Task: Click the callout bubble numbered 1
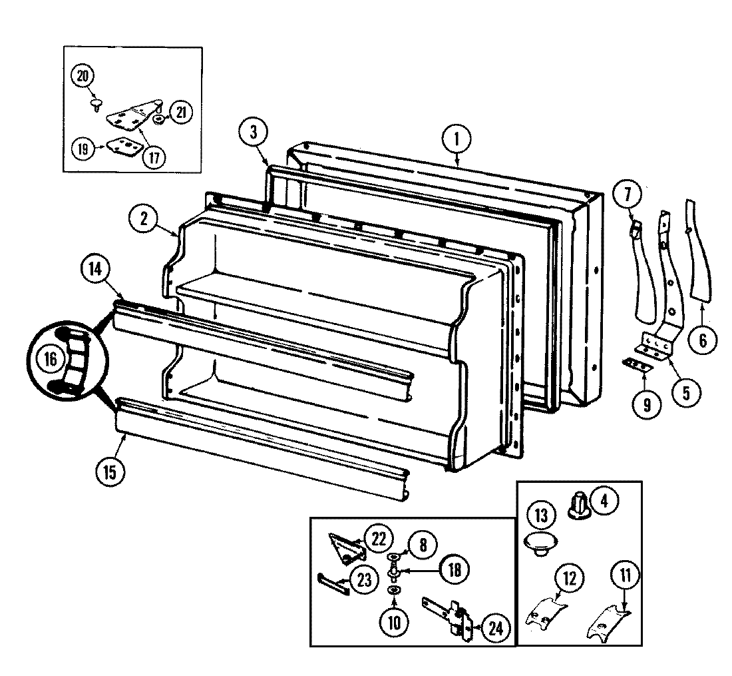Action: pyautogui.click(x=457, y=140)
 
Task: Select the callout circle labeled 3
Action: pyautogui.click(x=253, y=132)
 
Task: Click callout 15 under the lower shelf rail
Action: pyautogui.click(x=110, y=472)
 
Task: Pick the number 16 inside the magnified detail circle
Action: pyautogui.click(x=51, y=360)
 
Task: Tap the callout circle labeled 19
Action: pyautogui.click(x=83, y=149)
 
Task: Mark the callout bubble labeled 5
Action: pyautogui.click(x=686, y=391)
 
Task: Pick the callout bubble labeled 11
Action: pyautogui.click(x=628, y=574)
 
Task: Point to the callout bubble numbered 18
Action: pyautogui.click(x=453, y=569)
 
